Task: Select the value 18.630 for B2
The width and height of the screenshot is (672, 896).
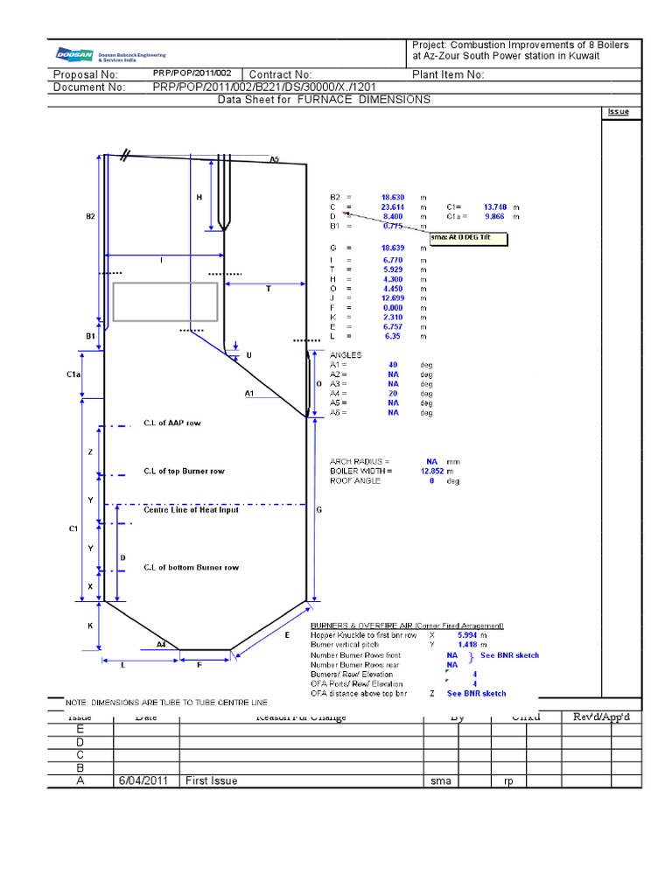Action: tap(392, 198)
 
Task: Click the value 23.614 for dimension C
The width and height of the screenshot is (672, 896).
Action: tap(392, 207)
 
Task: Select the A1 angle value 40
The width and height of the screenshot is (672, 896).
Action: tap(393, 365)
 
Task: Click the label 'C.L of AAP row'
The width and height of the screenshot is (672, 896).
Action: tap(171, 423)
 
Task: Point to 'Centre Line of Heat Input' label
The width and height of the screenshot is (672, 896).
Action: tap(191, 510)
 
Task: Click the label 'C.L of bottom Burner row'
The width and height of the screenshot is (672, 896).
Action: tap(191, 568)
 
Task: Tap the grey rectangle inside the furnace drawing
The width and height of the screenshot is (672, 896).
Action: tap(164, 302)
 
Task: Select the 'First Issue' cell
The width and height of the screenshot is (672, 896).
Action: tap(211, 780)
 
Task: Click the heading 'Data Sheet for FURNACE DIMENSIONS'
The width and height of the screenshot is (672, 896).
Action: tap(324, 100)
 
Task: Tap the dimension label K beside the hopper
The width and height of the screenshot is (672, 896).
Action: tap(89, 626)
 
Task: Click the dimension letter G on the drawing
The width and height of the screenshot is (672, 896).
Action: tap(318, 509)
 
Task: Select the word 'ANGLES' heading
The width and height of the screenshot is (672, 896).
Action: tap(346, 355)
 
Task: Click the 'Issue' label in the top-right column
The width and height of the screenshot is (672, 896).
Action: tap(618, 112)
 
